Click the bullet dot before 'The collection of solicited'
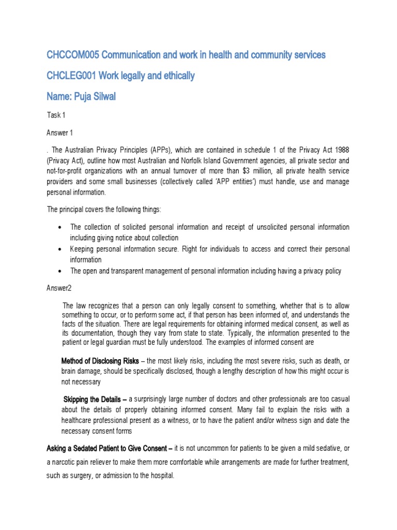click(x=62, y=228)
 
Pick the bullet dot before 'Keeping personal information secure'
click(x=62, y=249)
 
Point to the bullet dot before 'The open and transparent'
click(x=62, y=271)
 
